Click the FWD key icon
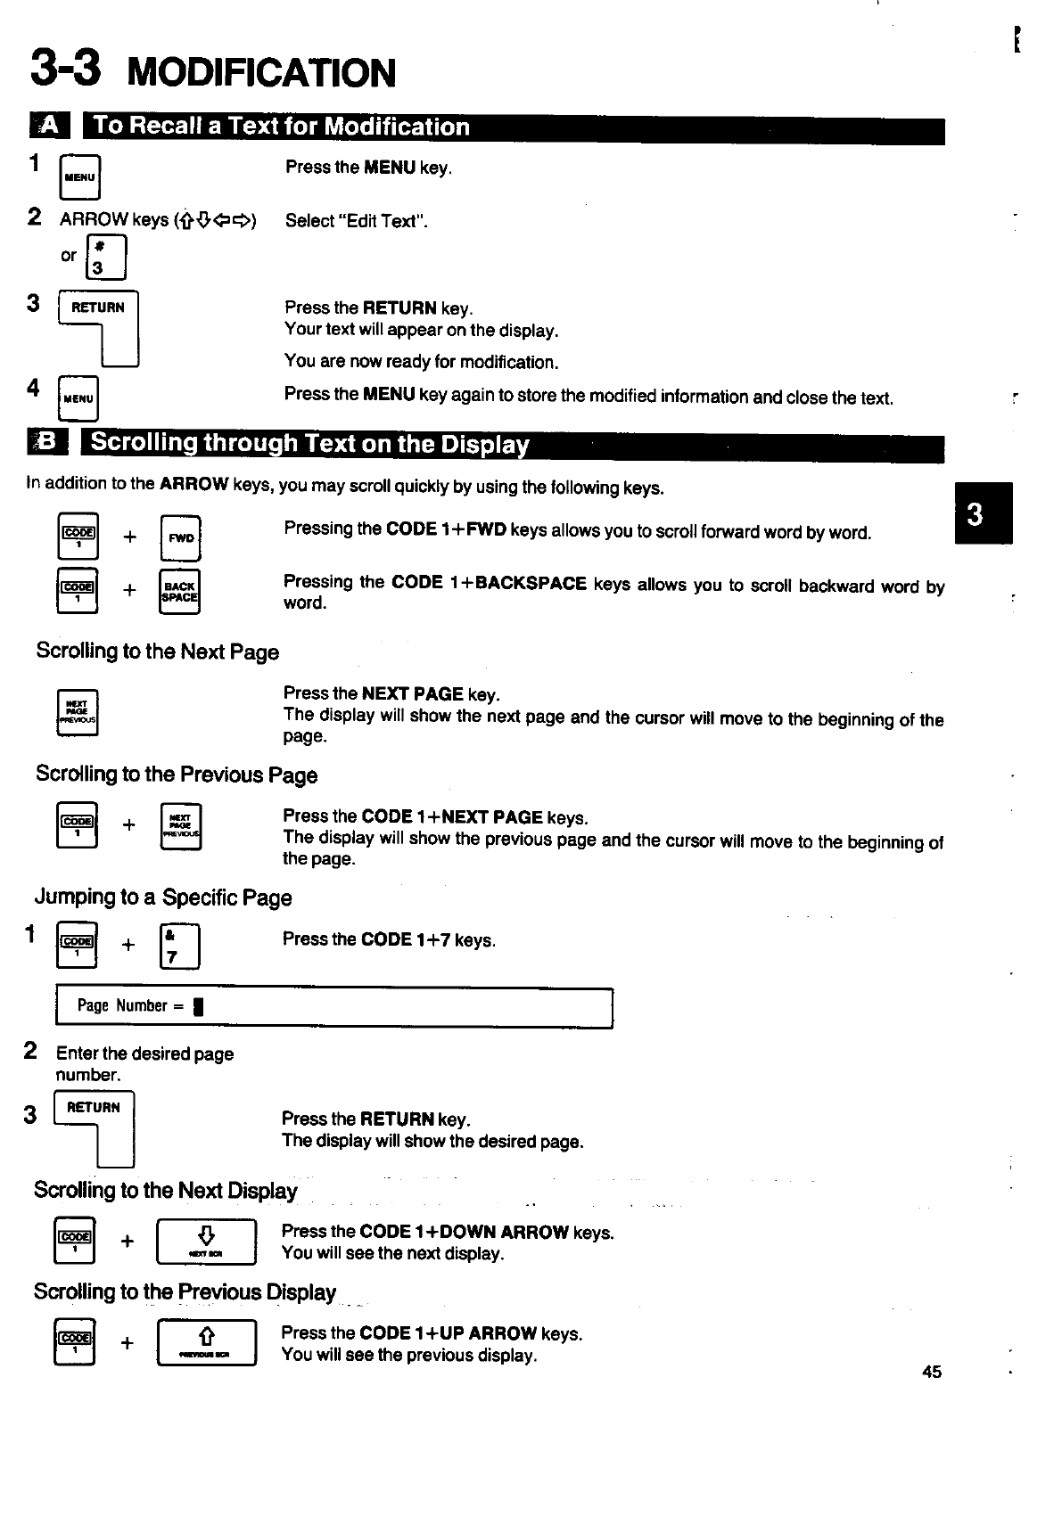pos(181,537)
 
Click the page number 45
pos(932,1372)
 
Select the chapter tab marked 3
pos(983,513)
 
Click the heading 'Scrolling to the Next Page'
pos(157,652)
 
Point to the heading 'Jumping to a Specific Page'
pos(163,898)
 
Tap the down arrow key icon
pos(206,1241)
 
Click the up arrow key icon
pos(206,1341)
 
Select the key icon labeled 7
pos(178,947)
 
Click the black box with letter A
pos(47,127)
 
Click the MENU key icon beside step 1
pos(79,176)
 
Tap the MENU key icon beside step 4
pos(78,398)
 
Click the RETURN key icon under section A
pos(99,326)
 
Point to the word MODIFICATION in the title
pos(261,73)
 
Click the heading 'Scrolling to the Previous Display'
pos(185,1292)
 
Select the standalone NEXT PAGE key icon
pos(78,712)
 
